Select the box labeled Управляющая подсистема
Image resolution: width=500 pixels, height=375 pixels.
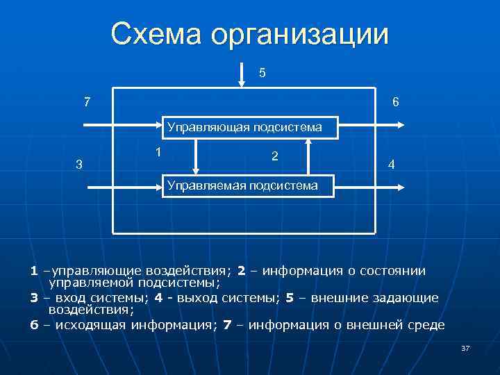(244, 126)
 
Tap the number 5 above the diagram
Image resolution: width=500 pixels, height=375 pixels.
(262, 72)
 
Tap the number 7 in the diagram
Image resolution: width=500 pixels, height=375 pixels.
(86, 102)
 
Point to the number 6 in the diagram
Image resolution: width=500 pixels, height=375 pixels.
(395, 102)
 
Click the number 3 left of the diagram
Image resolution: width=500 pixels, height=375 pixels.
(78, 165)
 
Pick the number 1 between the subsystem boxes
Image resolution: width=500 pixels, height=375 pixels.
(159, 152)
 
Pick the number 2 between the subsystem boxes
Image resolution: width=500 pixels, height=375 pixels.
(275, 156)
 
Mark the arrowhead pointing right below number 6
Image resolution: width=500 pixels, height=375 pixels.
(401, 126)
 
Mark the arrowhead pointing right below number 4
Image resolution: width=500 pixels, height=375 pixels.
(401, 186)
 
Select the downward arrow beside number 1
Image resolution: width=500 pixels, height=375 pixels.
(197, 156)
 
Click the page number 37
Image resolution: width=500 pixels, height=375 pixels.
(465, 348)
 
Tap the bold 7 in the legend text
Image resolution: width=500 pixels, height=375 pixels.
(228, 325)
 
